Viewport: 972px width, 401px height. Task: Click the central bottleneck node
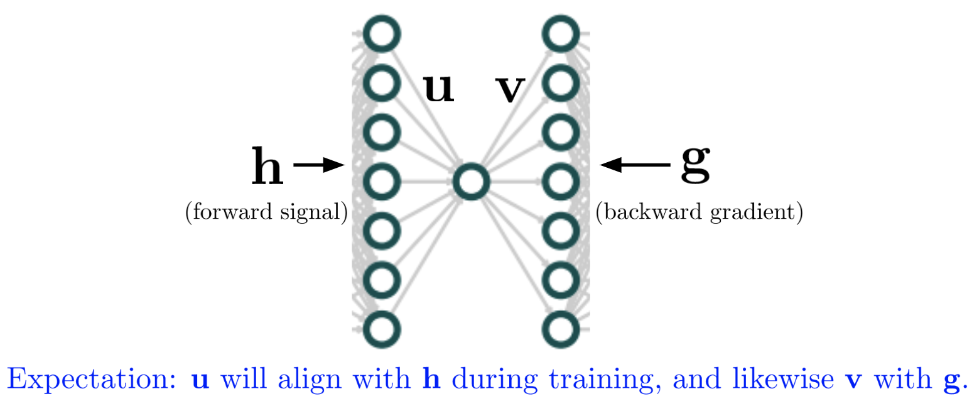click(x=471, y=182)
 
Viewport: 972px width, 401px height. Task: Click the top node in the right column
click(x=560, y=35)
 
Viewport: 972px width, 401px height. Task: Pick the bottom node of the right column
click(x=560, y=328)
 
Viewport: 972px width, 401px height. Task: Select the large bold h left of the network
click(x=267, y=166)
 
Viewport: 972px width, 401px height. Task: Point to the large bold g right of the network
click(x=695, y=165)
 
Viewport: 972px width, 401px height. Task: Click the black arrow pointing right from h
click(x=319, y=165)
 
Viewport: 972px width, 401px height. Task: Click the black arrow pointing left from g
click(x=635, y=165)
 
